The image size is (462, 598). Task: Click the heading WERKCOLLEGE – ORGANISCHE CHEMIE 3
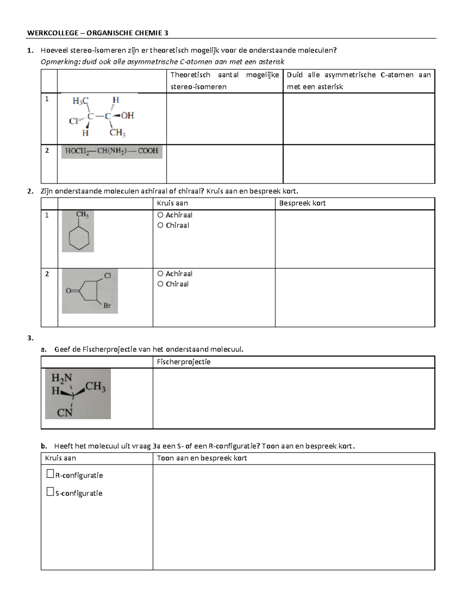coord(97,33)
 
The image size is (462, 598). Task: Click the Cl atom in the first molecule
coord(73,121)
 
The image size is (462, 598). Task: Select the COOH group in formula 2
coord(148,151)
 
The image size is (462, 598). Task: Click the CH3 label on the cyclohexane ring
coord(82,215)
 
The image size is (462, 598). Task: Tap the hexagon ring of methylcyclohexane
coord(79,238)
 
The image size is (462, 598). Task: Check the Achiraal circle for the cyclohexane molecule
coord(161,215)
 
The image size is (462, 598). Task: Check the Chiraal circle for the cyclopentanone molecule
coord(161,284)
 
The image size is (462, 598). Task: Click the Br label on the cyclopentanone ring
coord(107,306)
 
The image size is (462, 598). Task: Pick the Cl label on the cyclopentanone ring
coord(108,276)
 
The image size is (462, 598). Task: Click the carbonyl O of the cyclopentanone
coord(68,291)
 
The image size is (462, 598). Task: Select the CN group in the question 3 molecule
coord(65,413)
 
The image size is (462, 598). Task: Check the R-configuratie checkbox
coord(50,474)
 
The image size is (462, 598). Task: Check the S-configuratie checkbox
coord(50,492)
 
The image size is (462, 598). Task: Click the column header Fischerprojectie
coord(184,362)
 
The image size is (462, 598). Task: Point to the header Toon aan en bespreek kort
coord(202,458)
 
